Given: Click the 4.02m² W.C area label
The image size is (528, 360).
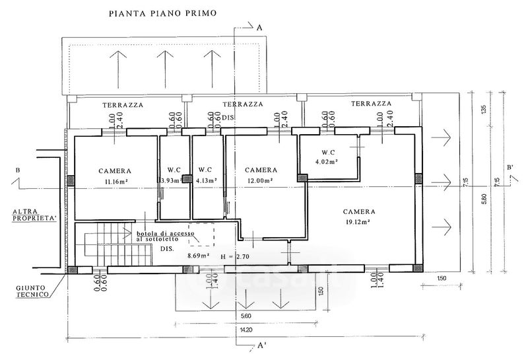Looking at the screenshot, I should [x=327, y=161].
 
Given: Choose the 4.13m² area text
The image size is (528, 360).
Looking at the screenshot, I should [x=205, y=181].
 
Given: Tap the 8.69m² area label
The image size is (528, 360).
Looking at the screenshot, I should [x=199, y=255].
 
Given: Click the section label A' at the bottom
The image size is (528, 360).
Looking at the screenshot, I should [x=262, y=345].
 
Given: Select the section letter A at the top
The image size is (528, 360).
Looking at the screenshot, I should [x=259, y=27].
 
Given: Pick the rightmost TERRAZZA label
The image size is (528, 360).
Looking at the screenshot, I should [x=371, y=104].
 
